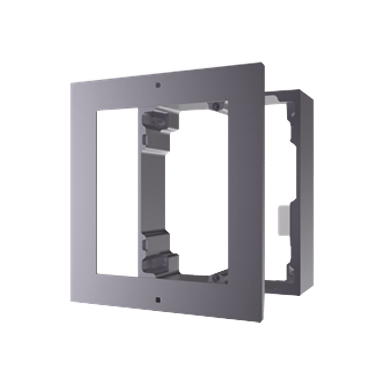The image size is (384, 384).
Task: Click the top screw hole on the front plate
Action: tap(158, 85)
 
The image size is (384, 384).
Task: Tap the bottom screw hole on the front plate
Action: tap(157, 300)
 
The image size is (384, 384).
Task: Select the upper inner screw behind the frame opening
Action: tap(216, 106)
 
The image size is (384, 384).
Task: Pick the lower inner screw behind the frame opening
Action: tap(216, 274)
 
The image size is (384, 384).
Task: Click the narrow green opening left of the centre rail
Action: tap(116, 192)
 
